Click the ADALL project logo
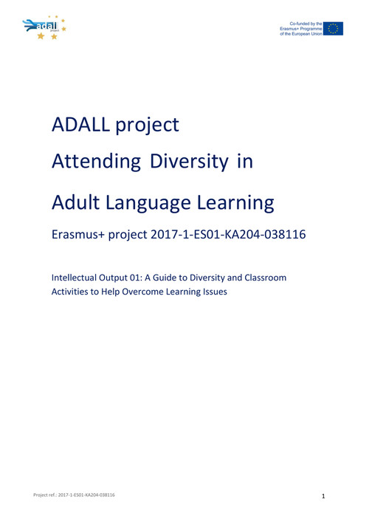(x=44, y=27)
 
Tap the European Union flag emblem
(x=333, y=29)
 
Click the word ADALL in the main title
(x=80, y=125)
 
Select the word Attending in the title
(x=96, y=162)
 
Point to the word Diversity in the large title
(x=189, y=162)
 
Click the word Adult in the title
(x=75, y=202)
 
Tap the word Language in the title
(x=148, y=203)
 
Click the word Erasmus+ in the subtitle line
(x=78, y=234)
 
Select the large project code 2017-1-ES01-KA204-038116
(x=228, y=234)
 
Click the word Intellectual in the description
(x=74, y=278)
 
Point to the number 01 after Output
(x=135, y=278)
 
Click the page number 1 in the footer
(x=323, y=496)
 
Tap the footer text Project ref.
(x=45, y=495)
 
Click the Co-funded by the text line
(x=306, y=24)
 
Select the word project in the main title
(x=147, y=126)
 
